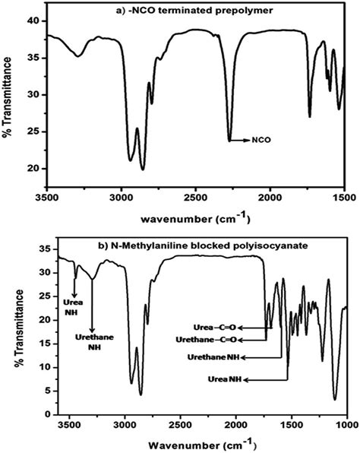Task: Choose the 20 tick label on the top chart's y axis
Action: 31,168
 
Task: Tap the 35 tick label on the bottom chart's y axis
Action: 31,249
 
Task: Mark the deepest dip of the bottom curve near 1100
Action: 335,398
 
